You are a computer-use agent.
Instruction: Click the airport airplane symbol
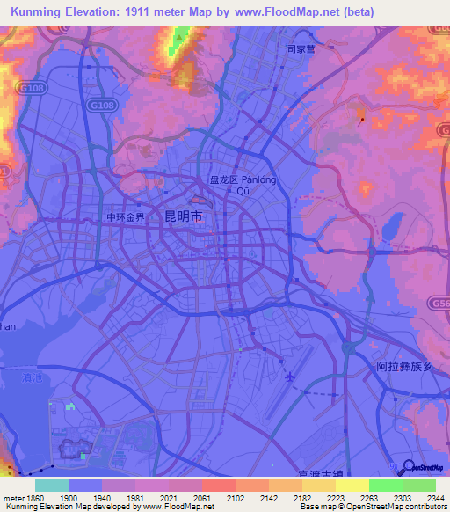tap(290, 377)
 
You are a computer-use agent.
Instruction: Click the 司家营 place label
tap(301, 50)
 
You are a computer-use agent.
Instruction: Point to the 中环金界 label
tap(125, 216)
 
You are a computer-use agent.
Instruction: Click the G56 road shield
tap(441, 302)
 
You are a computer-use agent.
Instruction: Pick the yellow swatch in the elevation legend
tap(352, 485)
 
